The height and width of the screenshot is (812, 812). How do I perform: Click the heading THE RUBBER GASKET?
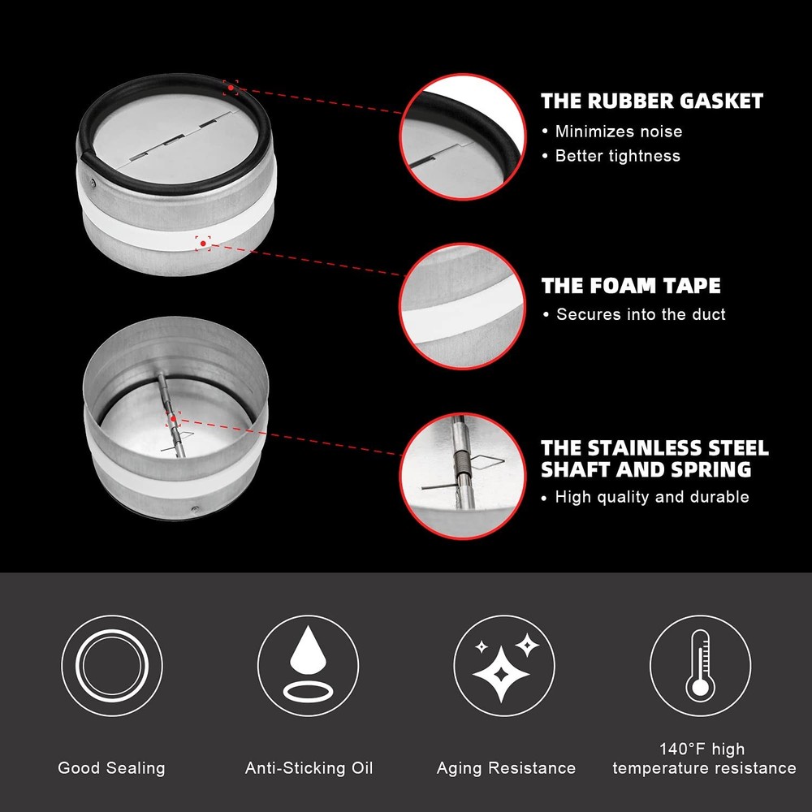point(652,101)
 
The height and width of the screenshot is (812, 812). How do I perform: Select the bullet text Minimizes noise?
point(619,132)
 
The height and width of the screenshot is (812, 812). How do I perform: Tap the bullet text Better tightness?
point(618,156)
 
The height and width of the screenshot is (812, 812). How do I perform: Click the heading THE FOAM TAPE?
point(631,285)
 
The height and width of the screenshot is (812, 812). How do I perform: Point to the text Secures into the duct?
point(641,314)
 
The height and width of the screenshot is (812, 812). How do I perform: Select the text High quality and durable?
point(652,497)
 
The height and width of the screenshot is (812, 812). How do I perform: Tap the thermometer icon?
point(700,666)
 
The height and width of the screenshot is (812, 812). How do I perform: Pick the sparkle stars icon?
point(504,666)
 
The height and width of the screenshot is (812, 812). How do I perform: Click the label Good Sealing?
point(111,768)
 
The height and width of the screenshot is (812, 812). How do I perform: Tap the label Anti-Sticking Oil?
point(309,768)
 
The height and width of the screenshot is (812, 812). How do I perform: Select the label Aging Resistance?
point(506,768)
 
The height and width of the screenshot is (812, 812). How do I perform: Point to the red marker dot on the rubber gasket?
point(231,88)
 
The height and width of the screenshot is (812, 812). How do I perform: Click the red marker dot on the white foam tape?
point(203,244)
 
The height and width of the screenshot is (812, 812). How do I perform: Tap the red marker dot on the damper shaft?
point(173,419)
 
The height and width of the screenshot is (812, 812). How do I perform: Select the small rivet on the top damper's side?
point(93,182)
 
